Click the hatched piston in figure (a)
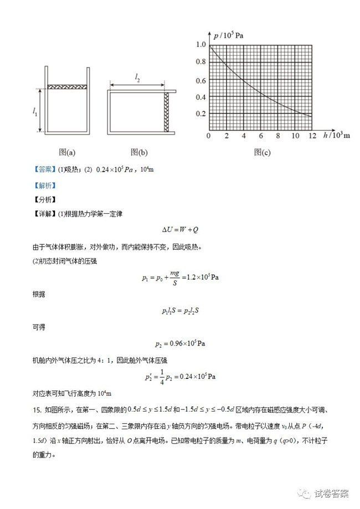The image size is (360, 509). point(66,87)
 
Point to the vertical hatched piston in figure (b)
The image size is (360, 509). point(167,111)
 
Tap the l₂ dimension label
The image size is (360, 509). point(137,79)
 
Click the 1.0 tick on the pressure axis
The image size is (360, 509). point(200,45)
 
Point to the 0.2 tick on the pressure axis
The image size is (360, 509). point(200,114)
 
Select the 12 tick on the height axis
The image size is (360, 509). point(312,136)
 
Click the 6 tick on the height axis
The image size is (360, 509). point(260,136)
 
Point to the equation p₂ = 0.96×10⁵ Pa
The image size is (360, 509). point(180,343)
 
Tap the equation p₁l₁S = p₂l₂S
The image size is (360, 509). point(180,311)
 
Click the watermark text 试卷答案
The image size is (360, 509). point(331,493)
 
